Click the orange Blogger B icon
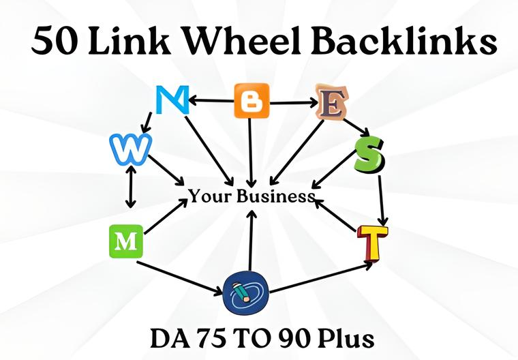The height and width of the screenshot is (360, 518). (x=252, y=102)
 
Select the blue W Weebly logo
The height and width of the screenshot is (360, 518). (x=129, y=149)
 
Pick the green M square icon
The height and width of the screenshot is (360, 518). (x=126, y=241)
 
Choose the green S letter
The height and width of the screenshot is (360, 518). (x=370, y=156)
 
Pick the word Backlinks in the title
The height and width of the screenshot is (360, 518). (x=401, y=43)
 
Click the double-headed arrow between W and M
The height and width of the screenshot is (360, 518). (x=129, y=187)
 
